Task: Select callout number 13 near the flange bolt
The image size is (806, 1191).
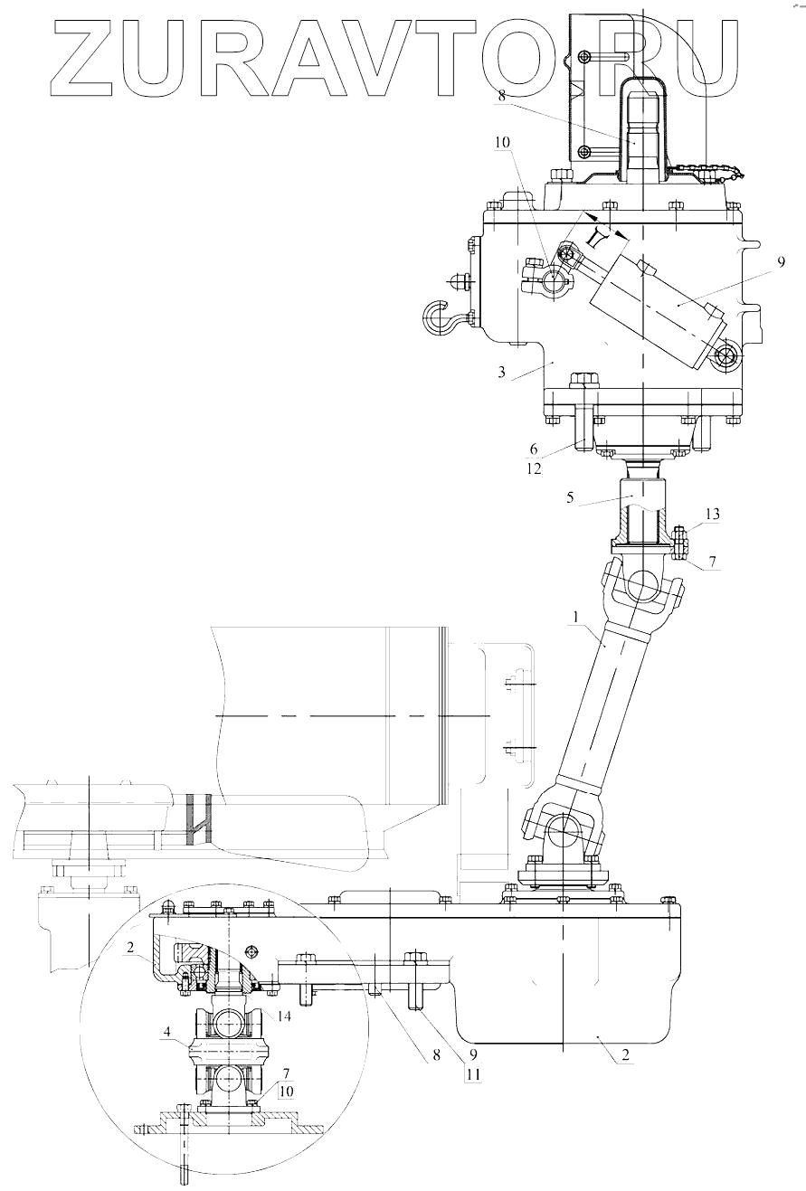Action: pos(712,514)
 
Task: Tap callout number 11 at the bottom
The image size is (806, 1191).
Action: pos(472,1076)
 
